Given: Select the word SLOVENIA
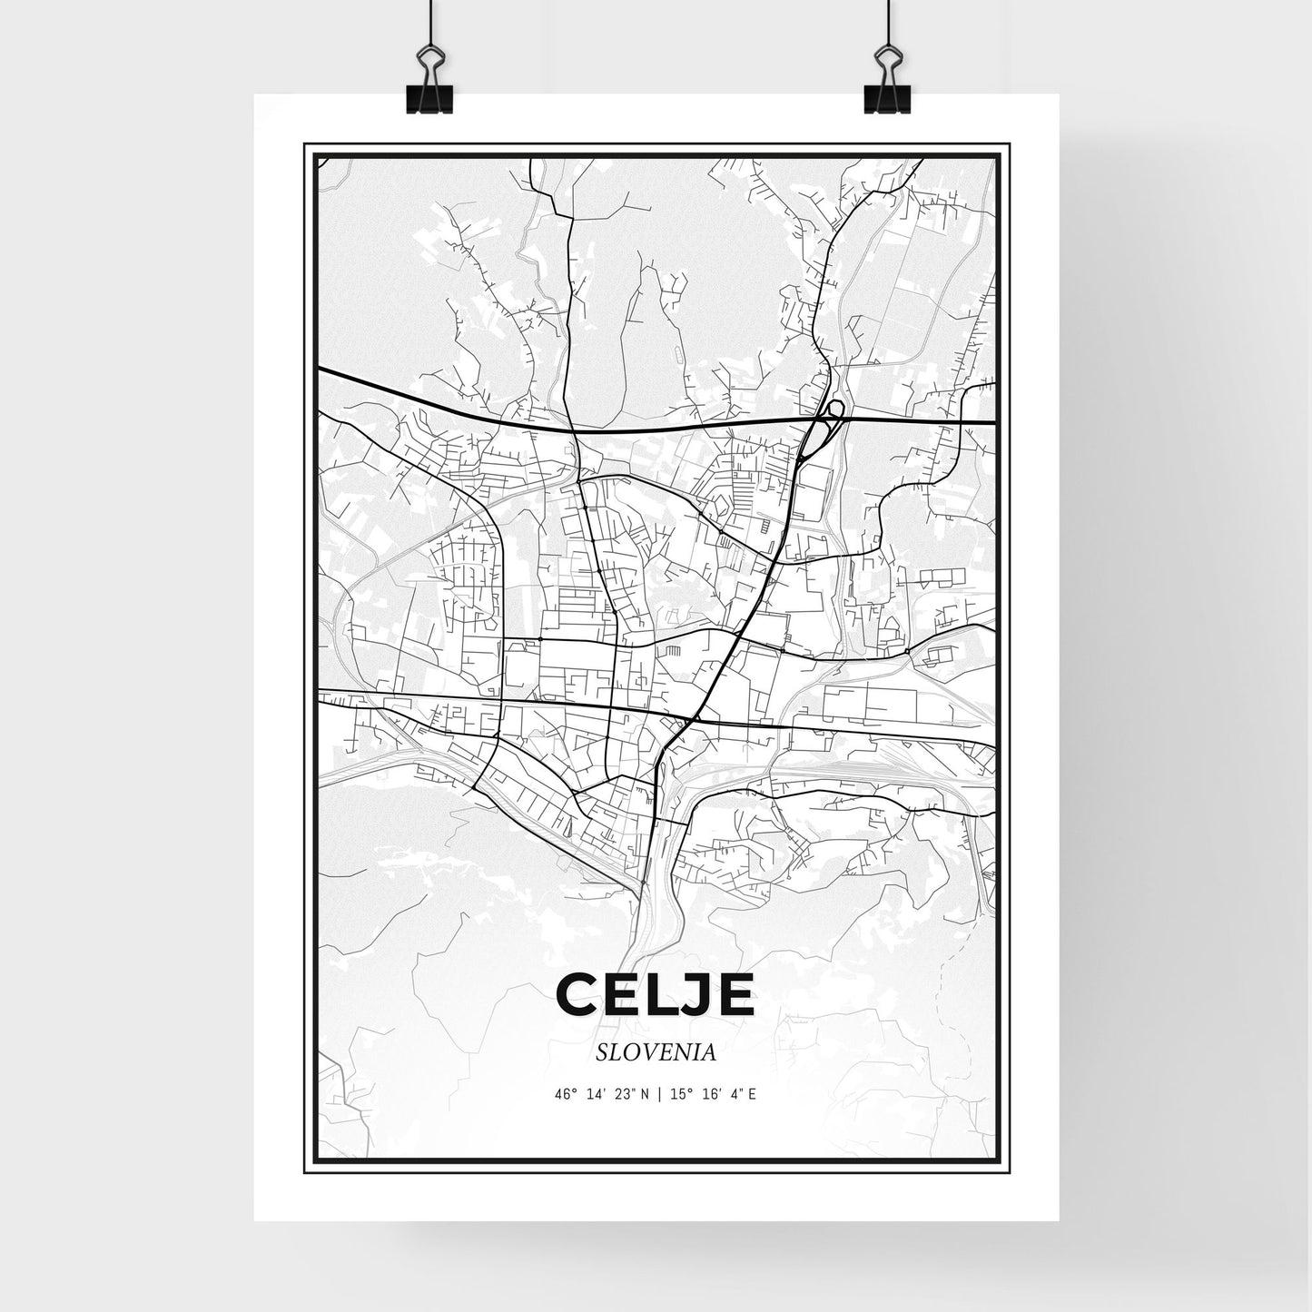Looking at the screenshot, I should pos(656,1052).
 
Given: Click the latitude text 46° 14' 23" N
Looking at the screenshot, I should pos(600,1094).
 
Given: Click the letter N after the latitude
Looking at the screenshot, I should pos(644,1094).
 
